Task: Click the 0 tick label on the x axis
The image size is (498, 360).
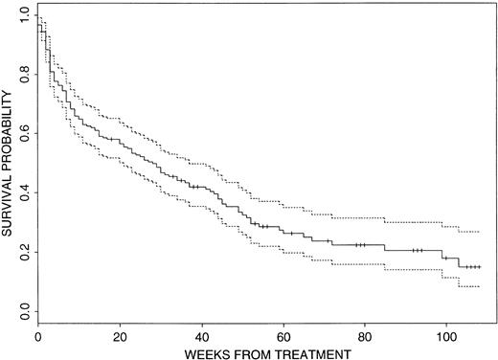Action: [x=37, y=337]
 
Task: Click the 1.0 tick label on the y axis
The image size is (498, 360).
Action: [x=22, y=15]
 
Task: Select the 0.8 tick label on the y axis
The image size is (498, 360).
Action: [x=22, y=75]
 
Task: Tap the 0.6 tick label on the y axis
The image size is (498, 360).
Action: [x=22, y=134]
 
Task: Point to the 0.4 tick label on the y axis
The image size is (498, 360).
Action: [x=22, y=193]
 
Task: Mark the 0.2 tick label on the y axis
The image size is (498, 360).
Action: [x=22, y=252]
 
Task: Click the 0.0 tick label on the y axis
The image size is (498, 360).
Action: [x=22, y=311]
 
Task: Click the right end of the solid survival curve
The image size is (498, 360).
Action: [x=480, y=267]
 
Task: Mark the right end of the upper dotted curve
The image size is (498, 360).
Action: [x=480, y=232]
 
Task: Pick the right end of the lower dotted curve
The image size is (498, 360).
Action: [x=480, y=287]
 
